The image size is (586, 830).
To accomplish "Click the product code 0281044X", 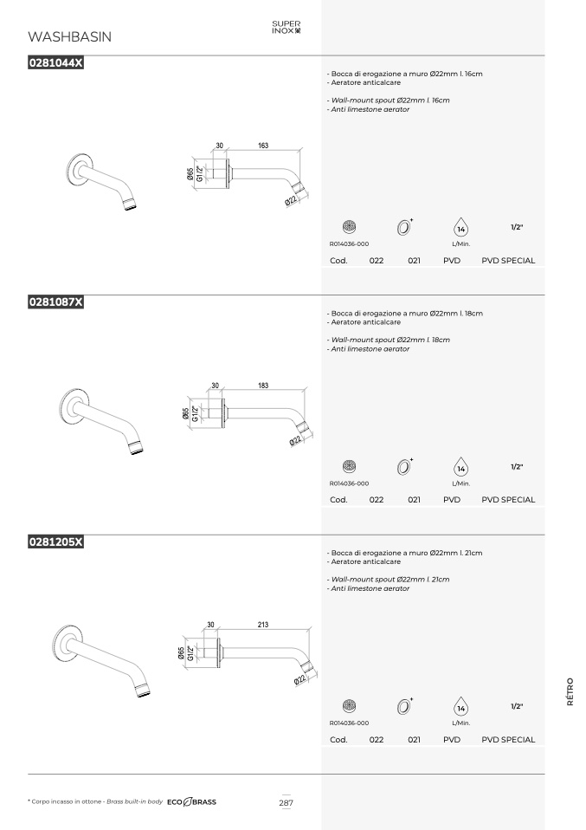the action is (55, 62).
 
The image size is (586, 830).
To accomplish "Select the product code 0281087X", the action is (55, 302).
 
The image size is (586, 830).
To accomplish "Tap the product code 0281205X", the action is (55, 542).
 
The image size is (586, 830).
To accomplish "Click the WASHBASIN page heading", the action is (70, 36).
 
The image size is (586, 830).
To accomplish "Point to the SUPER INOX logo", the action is (287, 27).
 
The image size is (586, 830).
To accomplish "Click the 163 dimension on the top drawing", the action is (263, 145).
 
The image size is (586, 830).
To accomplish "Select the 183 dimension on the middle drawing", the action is (263, 386).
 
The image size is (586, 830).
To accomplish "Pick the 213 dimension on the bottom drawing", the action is (263, 625).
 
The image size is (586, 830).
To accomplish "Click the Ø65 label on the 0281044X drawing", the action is (190, 175).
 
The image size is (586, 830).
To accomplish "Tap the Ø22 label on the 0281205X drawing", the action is (299, 680).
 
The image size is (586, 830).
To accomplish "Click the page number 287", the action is (287, 802).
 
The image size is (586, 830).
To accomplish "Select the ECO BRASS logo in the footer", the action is (191, 802).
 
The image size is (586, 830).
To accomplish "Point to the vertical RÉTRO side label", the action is (570, 692).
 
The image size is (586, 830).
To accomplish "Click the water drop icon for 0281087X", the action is (461, 467).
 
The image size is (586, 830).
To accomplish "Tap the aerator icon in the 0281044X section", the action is (349, 227).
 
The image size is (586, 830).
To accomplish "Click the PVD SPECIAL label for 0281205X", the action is (508, 740).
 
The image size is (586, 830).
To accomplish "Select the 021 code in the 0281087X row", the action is (414, 500).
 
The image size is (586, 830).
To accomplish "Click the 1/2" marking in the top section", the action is (517, 227).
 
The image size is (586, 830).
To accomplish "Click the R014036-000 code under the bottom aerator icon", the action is (349, 723).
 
